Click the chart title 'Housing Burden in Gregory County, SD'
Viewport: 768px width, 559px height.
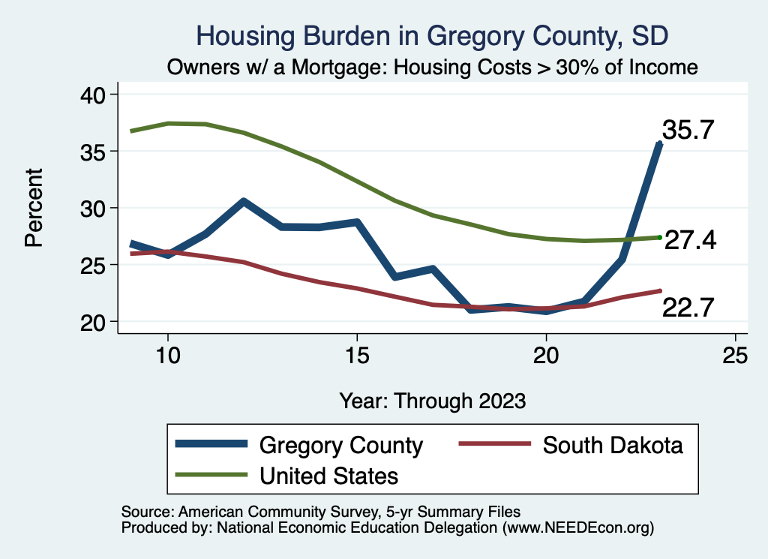(x=431, y=35)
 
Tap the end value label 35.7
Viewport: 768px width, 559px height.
(x=687, y=131)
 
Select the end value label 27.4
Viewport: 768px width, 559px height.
(x=690, y=240)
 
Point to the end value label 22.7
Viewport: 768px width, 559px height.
(x=687, y=307)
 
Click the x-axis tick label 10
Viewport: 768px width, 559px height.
(x=167, y=356)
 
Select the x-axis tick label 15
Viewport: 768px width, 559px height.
(x=356, y=356)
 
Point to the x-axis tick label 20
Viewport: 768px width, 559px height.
(x=545, y=356)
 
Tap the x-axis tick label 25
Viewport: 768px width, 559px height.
(x=734, y=356)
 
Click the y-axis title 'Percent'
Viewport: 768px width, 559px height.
(x=33, y=208)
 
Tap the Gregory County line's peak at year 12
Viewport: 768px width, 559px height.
(x=244, y=201)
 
